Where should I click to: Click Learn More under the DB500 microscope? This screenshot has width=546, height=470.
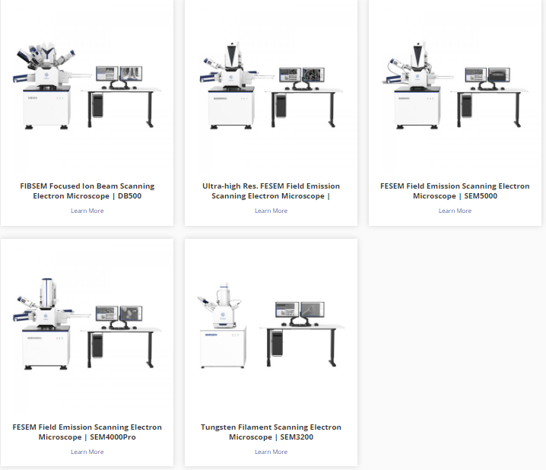87,211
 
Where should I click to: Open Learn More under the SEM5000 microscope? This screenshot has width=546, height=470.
455,211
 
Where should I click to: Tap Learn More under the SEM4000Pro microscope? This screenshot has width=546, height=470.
87,452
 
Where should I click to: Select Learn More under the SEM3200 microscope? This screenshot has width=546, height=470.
271,452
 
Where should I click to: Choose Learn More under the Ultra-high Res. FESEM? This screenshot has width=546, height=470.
271,211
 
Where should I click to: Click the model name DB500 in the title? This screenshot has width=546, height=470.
129,196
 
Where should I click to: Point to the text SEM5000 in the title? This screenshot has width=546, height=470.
481,196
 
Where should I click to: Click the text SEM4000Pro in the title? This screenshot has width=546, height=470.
113,437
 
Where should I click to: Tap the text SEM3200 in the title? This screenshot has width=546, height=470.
297,437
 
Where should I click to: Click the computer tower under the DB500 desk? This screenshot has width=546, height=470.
98,105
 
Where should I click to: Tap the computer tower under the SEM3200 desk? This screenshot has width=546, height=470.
277,343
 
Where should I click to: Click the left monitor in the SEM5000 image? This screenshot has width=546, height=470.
476,75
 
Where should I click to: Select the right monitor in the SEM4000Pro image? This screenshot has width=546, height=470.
131,313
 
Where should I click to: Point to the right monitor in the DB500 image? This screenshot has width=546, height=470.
131,74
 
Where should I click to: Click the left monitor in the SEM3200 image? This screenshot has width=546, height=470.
287,310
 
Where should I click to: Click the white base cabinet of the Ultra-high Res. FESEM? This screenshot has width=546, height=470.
231,107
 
